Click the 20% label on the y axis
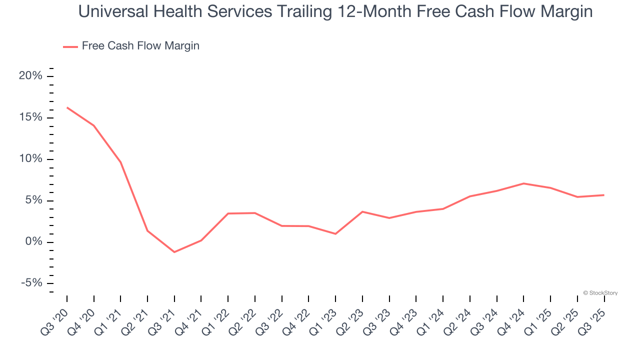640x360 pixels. (x=30, y=76)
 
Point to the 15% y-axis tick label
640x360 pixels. (x=30, y=117)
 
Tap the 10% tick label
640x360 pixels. (x=30, y=159)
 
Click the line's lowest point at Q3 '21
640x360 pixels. (x=174, y=252)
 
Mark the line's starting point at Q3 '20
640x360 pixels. (x=67, y=107)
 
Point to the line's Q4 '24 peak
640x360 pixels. (x=523, y=183)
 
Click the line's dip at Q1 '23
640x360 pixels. (x=335, y=234)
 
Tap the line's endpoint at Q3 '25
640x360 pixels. (x=604, y=195)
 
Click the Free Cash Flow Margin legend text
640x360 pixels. (x=140, y=46)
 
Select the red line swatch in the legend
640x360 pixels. (x=70, y=46)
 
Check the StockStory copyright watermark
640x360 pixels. (x=600, y=293)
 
